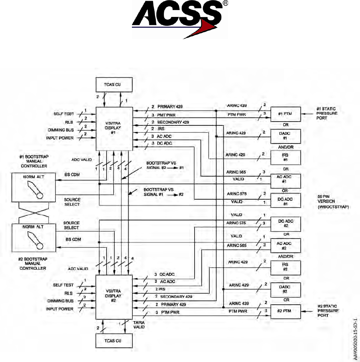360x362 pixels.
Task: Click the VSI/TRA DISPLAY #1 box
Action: click(114, 125)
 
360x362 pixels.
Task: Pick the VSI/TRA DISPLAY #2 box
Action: click(114, 295)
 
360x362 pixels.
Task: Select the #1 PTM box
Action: click(285, 113)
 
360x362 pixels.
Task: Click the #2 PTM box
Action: click(285, 310)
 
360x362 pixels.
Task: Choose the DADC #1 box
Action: click(285, 135)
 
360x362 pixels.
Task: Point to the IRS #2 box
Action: click(285, 267)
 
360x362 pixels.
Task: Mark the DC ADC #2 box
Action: click(285, 223)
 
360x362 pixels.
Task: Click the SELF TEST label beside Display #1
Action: click(64, 114)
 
